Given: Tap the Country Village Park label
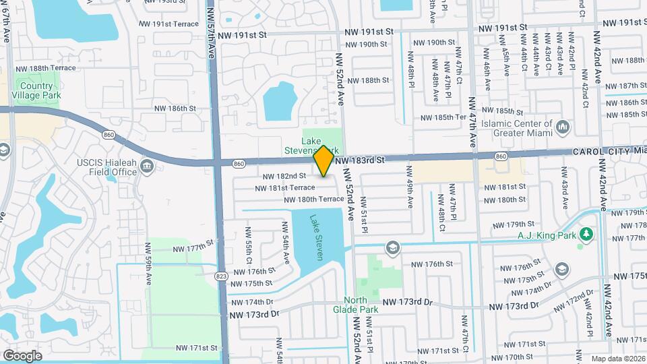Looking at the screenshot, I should [36, 90].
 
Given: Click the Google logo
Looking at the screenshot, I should [22, 355].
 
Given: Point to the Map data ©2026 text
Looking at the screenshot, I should [617, 359].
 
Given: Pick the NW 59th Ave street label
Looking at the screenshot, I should [148, 266].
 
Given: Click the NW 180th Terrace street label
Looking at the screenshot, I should [313, 200].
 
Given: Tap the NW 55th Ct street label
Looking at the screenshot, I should [249, 249].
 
